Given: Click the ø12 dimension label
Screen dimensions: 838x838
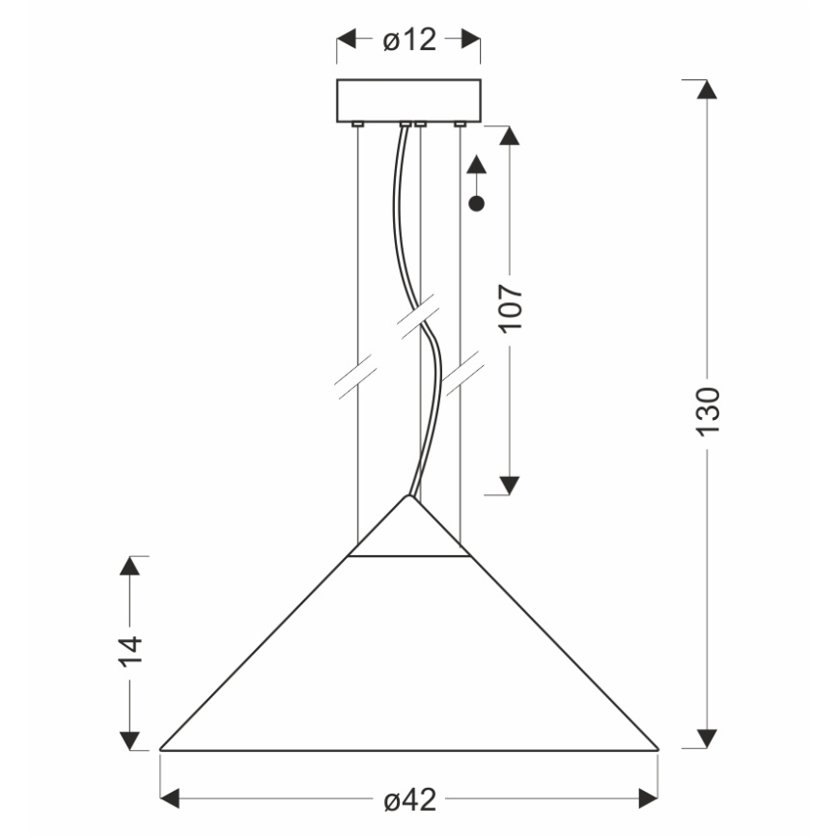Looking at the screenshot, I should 409,40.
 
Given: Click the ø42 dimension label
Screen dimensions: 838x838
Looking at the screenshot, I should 409,800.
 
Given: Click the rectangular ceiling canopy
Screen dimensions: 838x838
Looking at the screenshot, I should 408,99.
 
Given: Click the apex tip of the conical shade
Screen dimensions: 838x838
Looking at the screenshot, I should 409,495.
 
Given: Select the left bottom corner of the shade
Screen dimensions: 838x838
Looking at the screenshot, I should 160,749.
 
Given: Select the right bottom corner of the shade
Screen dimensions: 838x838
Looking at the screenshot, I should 657,749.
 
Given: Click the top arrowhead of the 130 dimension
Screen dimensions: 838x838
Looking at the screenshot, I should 708,89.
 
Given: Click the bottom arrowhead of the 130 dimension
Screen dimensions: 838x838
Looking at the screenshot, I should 708,739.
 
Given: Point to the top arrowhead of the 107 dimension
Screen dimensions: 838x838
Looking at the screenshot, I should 511,136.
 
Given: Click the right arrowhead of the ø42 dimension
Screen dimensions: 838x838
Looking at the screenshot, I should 647,798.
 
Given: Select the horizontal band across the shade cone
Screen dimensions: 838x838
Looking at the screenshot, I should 409,556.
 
